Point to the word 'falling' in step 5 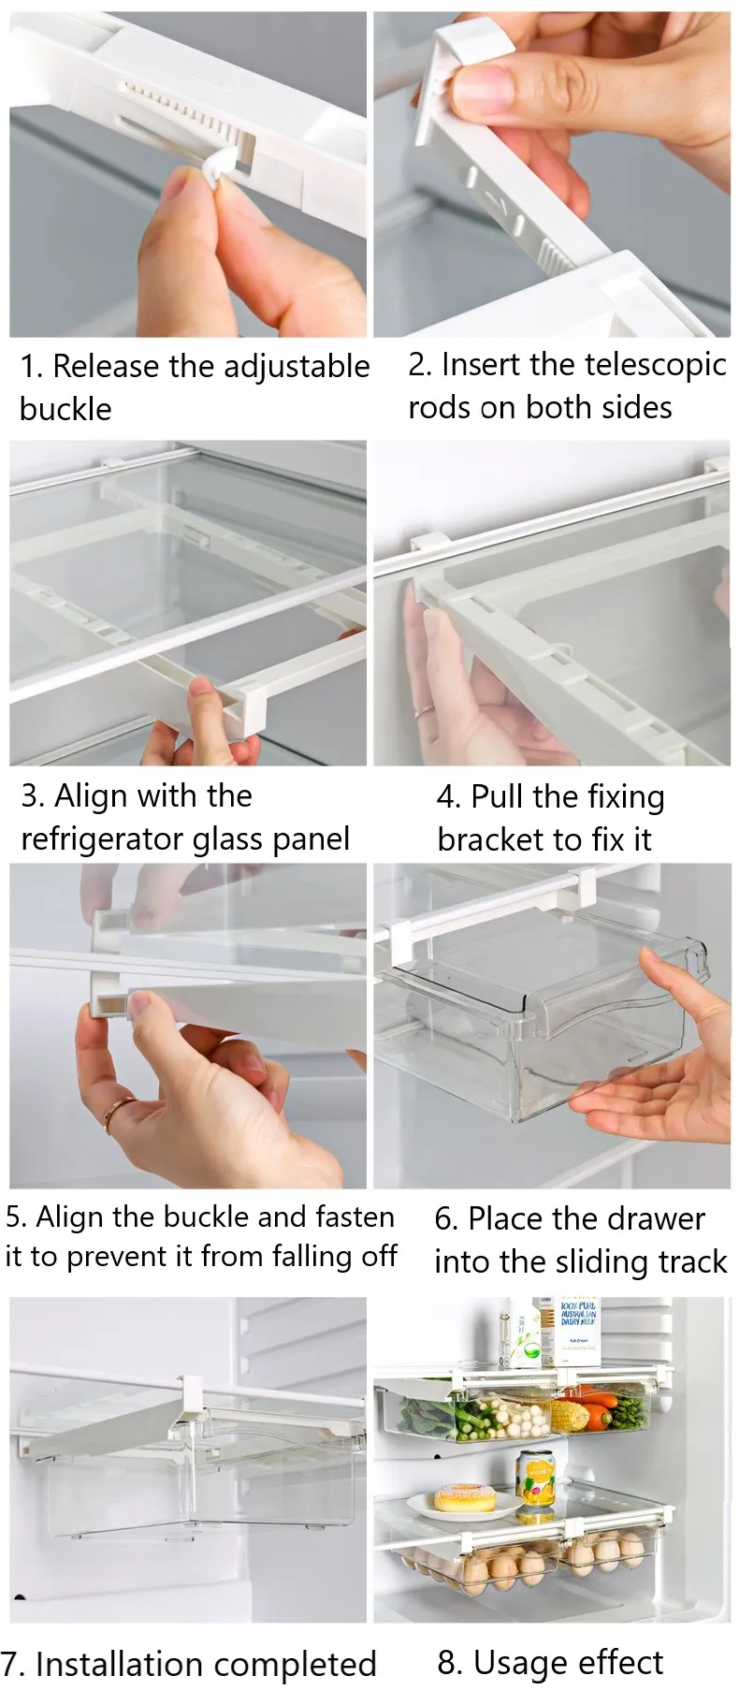click(297, 1256)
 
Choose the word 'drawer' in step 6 click(652, 1218)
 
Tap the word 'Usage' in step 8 click(514, 1662)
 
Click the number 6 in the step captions click(445, 1219)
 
